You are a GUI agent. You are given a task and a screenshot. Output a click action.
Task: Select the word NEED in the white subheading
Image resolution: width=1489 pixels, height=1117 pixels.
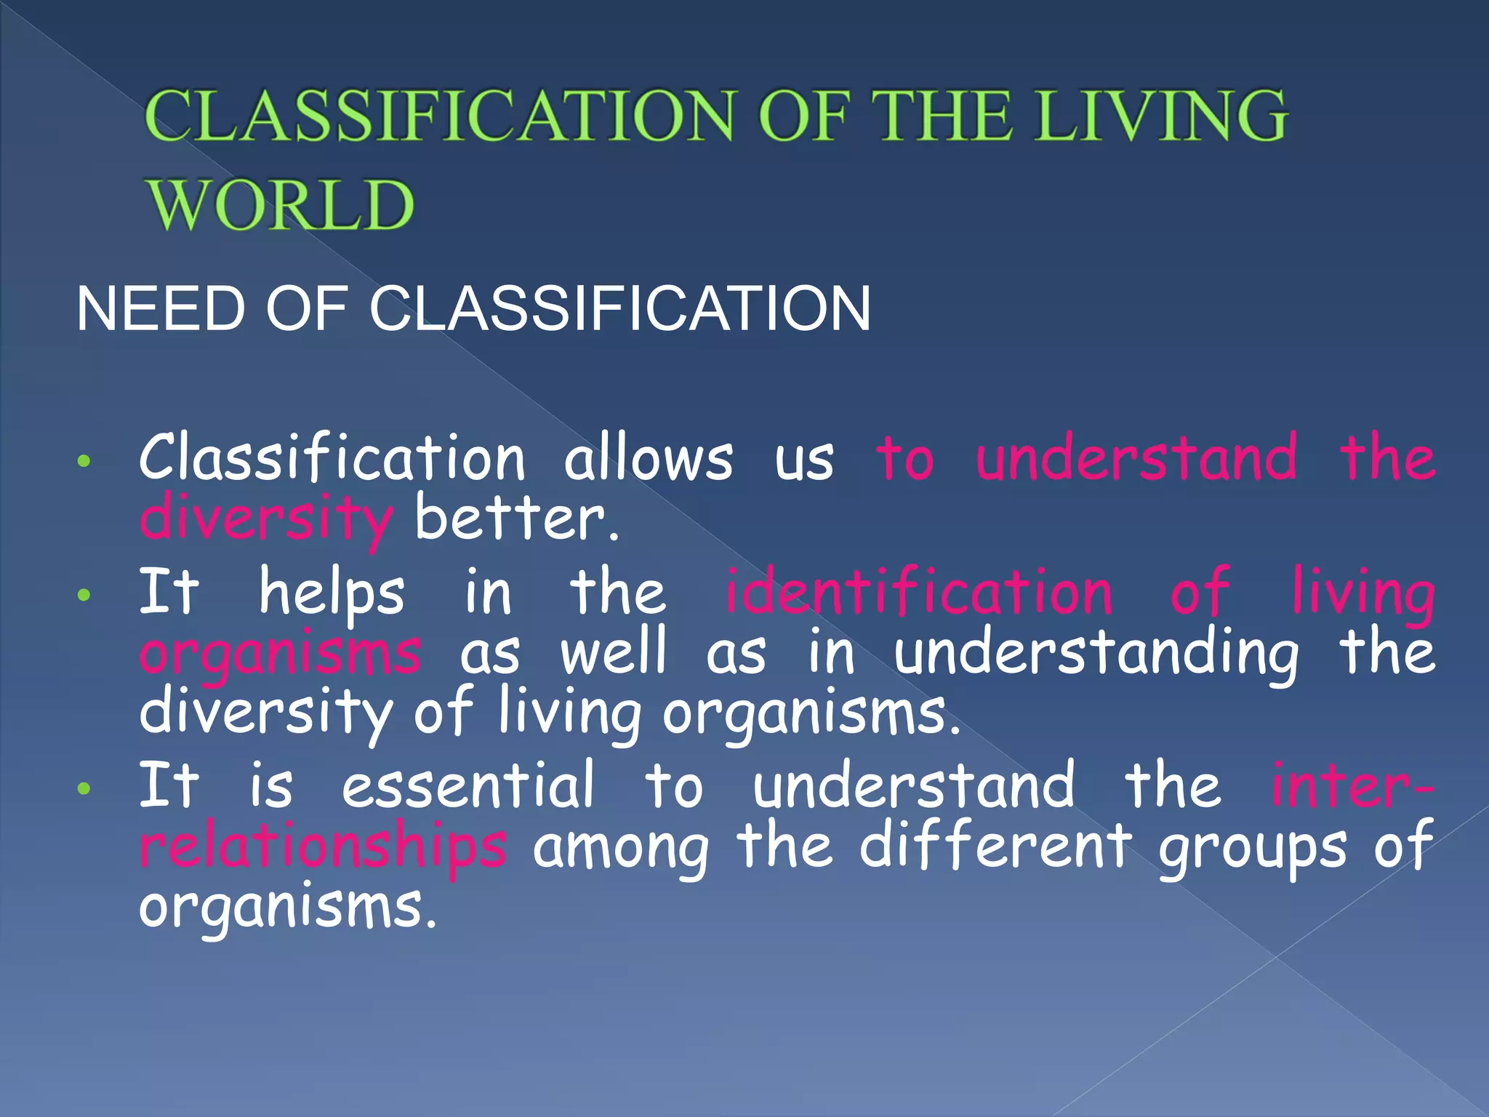point(161,309)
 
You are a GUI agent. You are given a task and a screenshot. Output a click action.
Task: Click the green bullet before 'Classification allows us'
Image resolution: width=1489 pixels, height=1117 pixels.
point(85,461)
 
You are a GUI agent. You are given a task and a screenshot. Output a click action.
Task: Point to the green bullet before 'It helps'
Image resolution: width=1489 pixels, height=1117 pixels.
point(85,595)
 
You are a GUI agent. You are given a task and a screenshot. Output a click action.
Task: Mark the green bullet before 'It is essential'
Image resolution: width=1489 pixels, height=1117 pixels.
point(85,788)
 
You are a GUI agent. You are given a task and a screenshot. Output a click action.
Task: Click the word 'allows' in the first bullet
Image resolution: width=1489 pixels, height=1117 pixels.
point(649,458)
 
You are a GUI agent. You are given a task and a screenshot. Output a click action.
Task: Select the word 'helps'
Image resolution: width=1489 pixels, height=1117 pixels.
point(332,593)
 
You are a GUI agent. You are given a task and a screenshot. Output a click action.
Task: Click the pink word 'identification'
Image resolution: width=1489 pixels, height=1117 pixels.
point(919,592)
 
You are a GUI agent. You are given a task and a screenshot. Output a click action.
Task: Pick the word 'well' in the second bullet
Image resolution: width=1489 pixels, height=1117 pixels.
point(614,652)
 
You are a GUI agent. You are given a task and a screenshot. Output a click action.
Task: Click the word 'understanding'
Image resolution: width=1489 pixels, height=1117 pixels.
point(1096,653)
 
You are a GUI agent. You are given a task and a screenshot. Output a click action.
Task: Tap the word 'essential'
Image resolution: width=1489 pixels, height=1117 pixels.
point(468,785)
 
